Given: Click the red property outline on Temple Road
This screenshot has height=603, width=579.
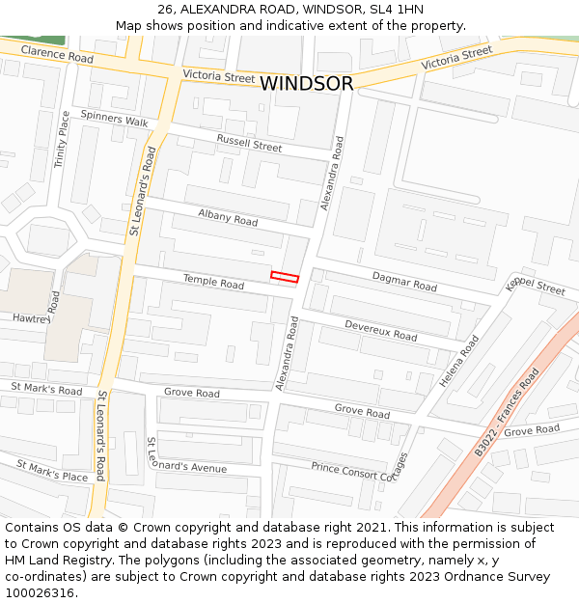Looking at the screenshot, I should (x=285, y=278).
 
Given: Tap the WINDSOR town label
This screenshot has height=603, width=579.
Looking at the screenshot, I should (x=306, y=84).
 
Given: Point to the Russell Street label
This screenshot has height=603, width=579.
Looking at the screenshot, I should (x=249, y=144).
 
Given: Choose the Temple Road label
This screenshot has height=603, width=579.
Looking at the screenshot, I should (x=213, y=283).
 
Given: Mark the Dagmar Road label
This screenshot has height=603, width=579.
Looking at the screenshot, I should (x=404, y=282).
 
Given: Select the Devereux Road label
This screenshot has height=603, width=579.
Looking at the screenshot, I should (x=380, y=330).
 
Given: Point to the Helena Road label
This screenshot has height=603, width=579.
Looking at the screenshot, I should (x=459, y=362).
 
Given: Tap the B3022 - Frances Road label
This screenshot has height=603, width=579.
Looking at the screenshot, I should (x=507, y=412).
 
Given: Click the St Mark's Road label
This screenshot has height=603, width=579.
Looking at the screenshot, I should (x=46, y=389).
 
